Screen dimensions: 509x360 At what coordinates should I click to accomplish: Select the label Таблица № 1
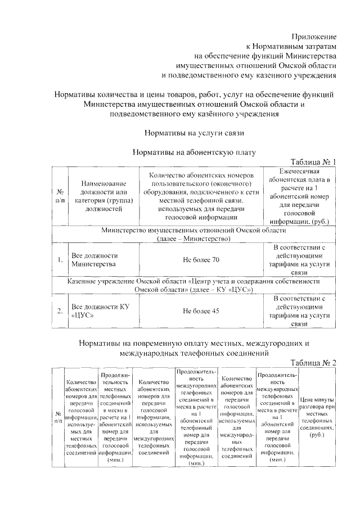pos(312,162)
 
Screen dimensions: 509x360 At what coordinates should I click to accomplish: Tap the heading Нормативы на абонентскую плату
pos(194,152)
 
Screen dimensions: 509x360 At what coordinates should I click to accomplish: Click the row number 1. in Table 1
pos(59,259)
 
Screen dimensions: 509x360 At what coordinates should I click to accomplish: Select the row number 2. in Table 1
pos(59,310)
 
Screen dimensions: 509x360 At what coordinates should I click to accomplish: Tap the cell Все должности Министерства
pos(93,259)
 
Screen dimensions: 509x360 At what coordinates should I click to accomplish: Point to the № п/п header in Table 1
pos(60,195)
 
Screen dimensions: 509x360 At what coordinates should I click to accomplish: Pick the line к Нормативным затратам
pos(292,46)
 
